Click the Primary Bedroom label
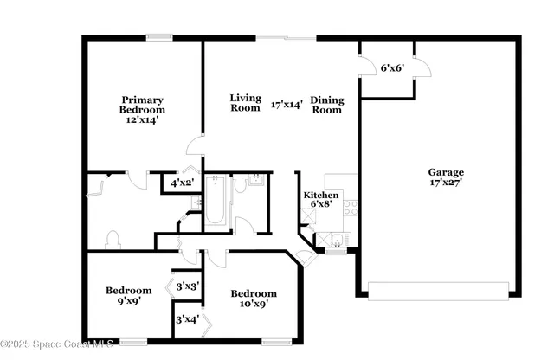coord(142,105)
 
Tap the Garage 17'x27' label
coord(447,177)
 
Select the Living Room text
coord(245,103)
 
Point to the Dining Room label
coord(326,105)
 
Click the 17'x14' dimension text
coord(287,105)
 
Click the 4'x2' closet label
coord(181,183)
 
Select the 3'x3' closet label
coord(188,286)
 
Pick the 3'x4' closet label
coord(187,319)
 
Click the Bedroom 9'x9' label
coord(129,296)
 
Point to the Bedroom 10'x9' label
coord(254,299)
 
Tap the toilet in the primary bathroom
coord(112,239)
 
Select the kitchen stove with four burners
coord(351,207)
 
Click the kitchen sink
coord(335,241)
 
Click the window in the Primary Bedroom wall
coord(158,37)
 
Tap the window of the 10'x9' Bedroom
coord(277,342)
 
